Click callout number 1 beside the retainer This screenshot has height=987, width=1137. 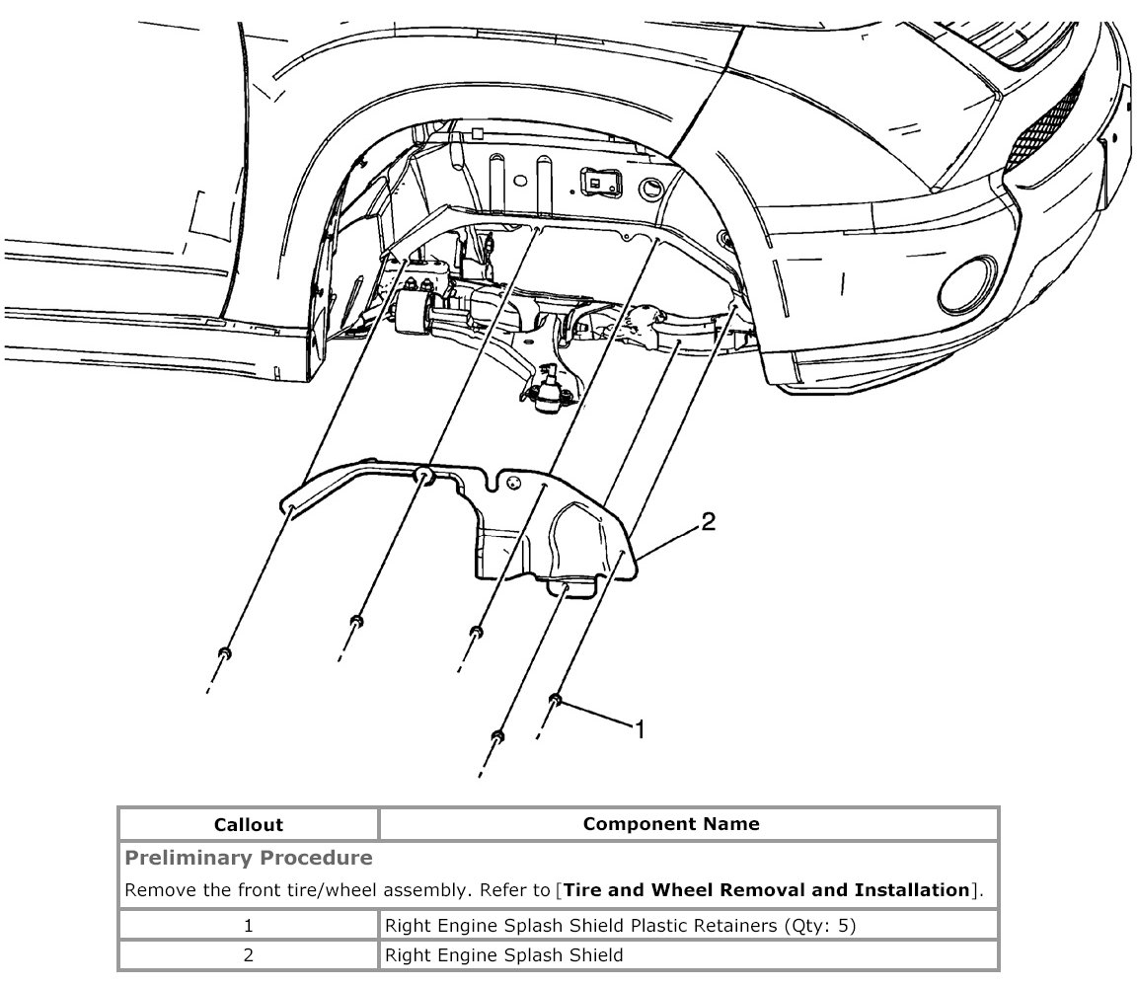(x=640, y=729)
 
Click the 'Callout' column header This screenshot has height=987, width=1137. (x=249, y=824)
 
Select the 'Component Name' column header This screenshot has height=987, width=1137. (x=671, y=823)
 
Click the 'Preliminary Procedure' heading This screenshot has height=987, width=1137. (x=248, y=857)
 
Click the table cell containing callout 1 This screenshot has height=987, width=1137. (x=249, y=926)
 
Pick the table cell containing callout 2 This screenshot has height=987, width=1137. (x=249, y=955)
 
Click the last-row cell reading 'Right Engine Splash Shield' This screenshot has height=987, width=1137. (x=503, y=955)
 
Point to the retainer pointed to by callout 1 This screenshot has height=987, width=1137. (x=556, y=701)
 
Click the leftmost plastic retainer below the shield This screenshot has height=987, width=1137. (x=225, y=653)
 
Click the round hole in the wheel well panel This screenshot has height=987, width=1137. (x=652, y=187)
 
